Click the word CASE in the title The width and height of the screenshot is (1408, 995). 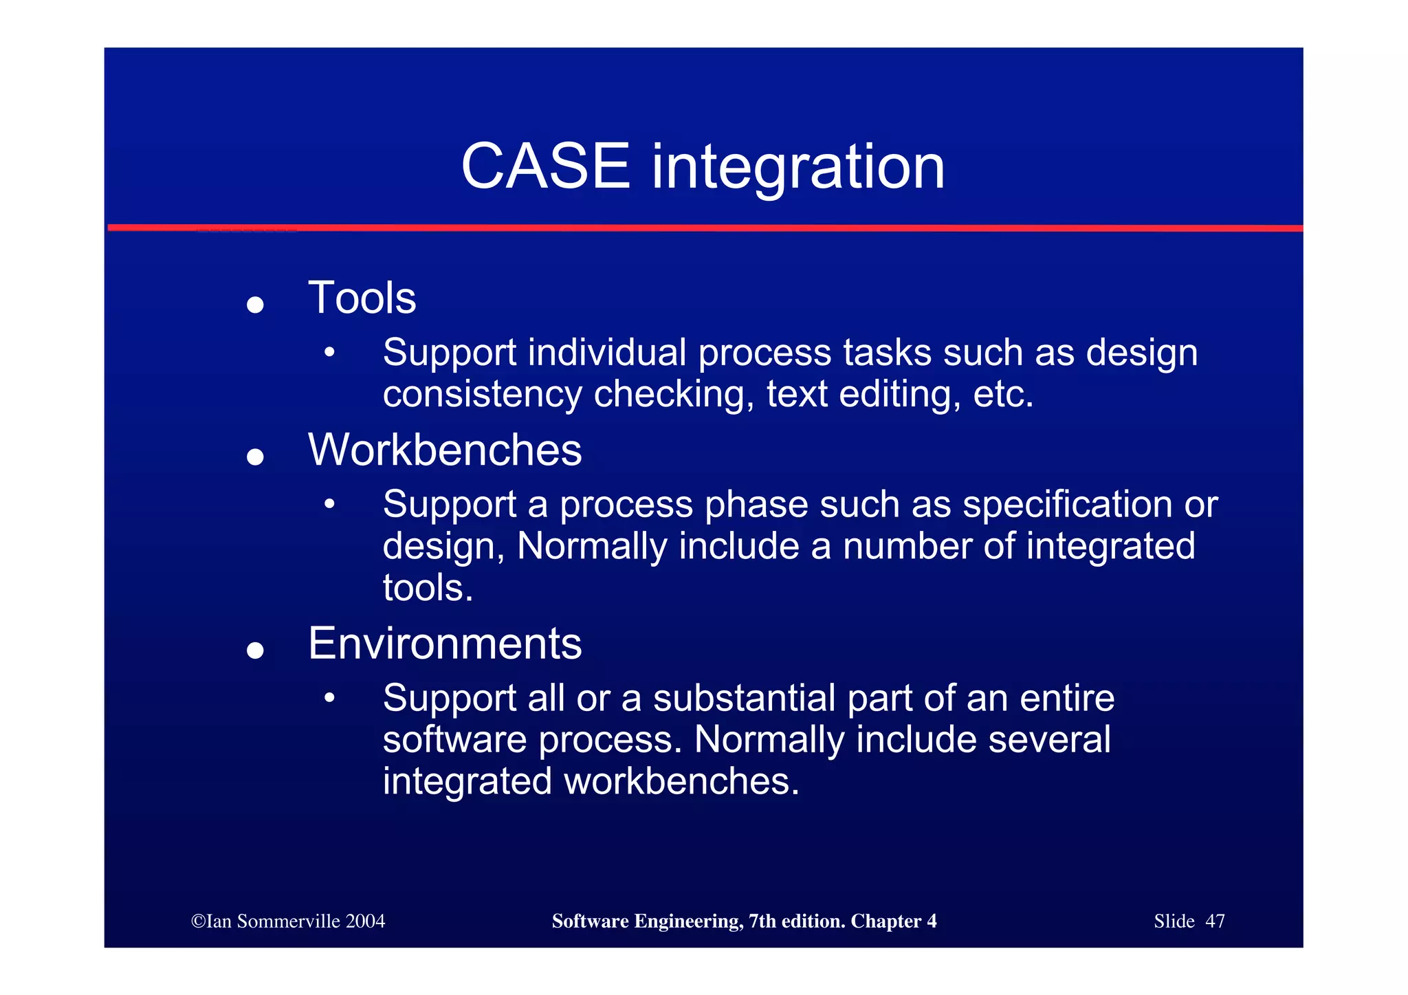pos(545,166)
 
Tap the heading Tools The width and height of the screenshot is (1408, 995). pos(362,298)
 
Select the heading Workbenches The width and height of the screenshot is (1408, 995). pos(445,450)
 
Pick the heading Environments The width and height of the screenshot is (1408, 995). pos(445,644)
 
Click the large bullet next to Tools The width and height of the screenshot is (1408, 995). pos(255,305)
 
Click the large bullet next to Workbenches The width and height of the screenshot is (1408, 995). pos(255,457)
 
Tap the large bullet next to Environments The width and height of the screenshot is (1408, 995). pos(255,650)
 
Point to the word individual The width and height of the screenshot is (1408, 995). pos(607,353)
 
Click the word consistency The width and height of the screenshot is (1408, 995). pos(482,395)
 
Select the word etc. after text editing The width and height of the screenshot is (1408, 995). pos(1003,395)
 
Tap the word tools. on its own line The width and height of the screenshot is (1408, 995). pos(428,589)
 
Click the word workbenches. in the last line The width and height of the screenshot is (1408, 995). pos(681,782)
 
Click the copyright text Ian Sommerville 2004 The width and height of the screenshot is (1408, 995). pos(288,921)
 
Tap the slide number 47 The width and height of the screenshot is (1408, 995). pos(1215,921)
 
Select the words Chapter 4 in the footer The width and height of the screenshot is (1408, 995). pos(893,921)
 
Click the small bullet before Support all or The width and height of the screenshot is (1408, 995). pos(330,698)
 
